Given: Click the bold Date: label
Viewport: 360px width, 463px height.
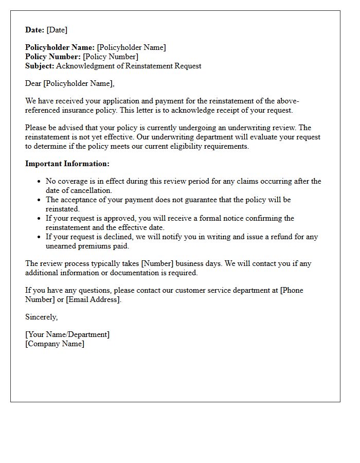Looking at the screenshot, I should (35, 30).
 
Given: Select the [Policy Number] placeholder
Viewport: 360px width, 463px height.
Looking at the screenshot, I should (111, 57).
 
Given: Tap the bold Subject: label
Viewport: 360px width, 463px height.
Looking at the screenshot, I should (40, 66).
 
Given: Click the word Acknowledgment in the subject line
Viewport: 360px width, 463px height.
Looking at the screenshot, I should (82, 66).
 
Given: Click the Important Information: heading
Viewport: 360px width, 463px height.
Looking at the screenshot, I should (67, 164).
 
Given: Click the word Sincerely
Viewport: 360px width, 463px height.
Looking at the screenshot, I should (41, 317).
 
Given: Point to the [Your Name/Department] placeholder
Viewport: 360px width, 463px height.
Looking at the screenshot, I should (67, 334).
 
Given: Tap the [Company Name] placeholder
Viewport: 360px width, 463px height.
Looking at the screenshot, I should (55, 344).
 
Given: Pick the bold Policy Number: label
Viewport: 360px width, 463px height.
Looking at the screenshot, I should (53, 57).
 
